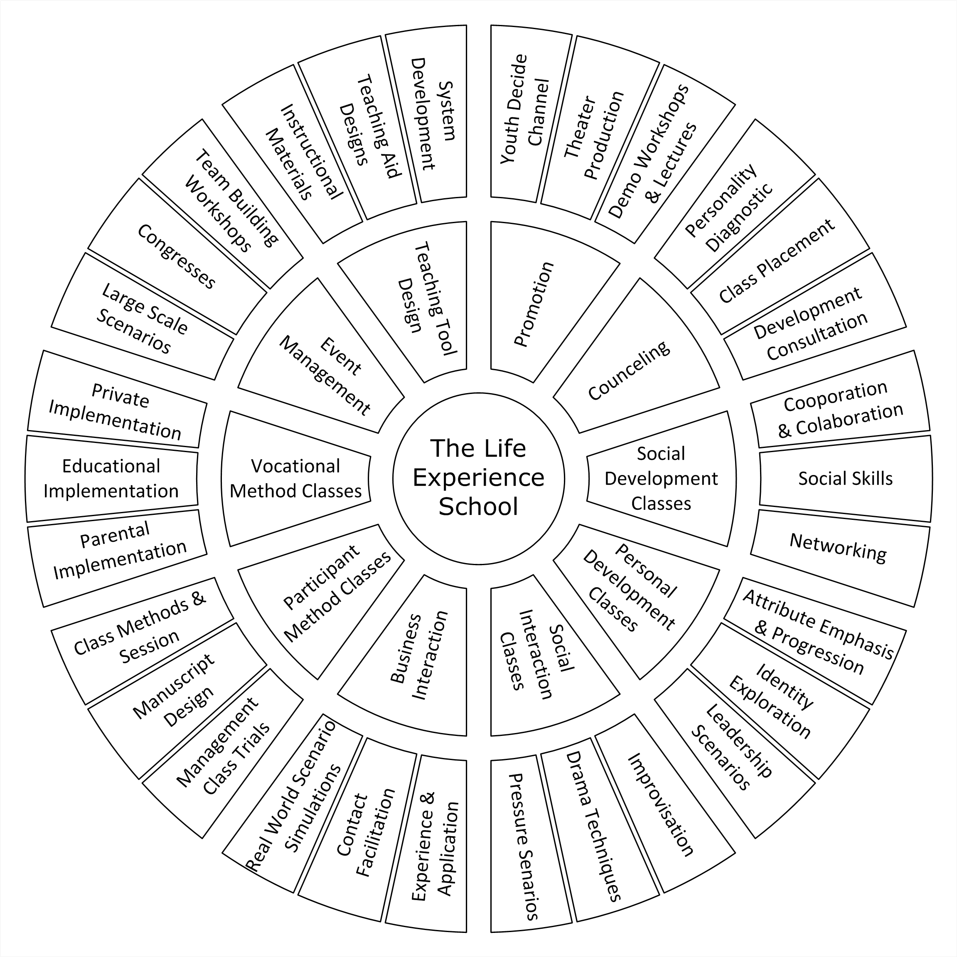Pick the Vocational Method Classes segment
(x=296, y=479)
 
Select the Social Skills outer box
(x=845, y=479)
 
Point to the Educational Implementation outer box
(x=111, y=479)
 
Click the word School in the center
(x=479, y=506)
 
